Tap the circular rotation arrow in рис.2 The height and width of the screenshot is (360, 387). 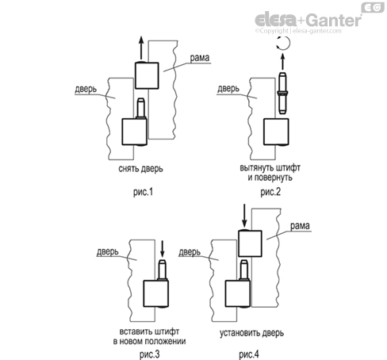(x=282, y=48)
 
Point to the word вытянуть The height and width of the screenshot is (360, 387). (x=259, y=168)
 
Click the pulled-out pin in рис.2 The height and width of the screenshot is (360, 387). (x=282, y=95)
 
